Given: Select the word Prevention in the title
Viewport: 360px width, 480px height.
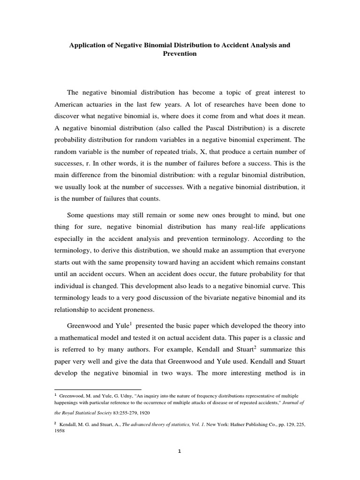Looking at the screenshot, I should (x=180, y=54).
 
